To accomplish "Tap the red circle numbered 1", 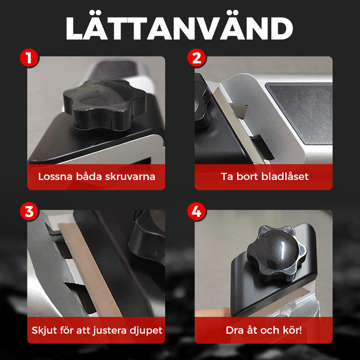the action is [x=29, y=58].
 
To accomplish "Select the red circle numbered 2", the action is [x=196, y=58].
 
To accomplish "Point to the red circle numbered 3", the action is [x=29, y=211].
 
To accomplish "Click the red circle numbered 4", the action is [x=196, y=211].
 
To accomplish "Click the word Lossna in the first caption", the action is [x=55, y=176].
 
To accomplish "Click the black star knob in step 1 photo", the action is [x=105, y=104].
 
